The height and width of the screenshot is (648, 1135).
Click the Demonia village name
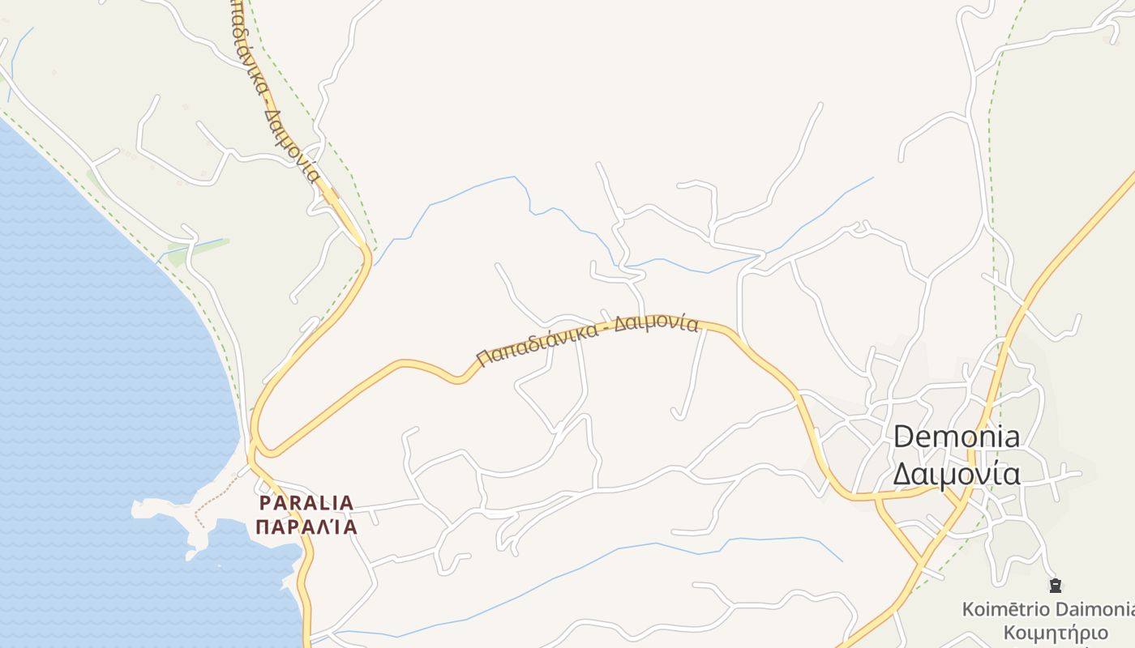(x=957, y=437)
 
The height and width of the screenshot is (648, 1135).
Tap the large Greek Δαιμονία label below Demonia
(x=957, y=473)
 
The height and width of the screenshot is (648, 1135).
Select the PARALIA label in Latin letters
(x=306, y=503)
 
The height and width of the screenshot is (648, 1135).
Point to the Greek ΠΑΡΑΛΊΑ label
(x=306, y=526)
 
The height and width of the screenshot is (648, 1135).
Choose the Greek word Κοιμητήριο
(x=1055, y=633)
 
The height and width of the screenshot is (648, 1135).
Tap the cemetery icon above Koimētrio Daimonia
(x=1055, y=585)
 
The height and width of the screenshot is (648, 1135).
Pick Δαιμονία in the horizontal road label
(x=657, y=325)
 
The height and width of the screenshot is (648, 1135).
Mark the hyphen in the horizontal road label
(x=605, y=330)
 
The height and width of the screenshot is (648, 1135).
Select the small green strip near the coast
(x=198, y=245)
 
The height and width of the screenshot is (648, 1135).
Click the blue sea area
(x=97, y=364)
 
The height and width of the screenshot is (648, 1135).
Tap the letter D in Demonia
(x=904, y=437)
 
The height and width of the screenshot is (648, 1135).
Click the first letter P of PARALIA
(x=264, y=503)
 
